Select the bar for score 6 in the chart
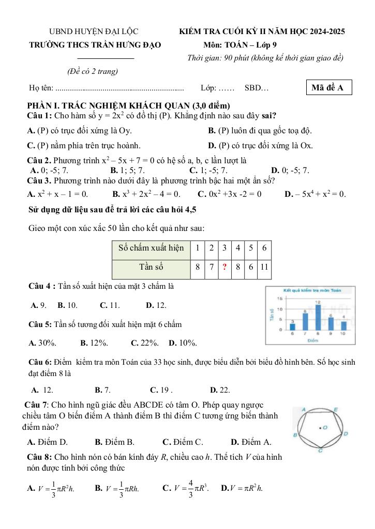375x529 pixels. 292,326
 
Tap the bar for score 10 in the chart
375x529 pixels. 343,325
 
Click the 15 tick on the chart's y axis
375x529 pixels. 279,299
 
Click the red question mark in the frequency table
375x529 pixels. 224,267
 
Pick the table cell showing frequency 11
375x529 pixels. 264,267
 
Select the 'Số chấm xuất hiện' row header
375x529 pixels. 151,248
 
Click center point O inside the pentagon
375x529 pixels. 324,427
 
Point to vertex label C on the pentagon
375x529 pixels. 320,451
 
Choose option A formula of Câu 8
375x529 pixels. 51,487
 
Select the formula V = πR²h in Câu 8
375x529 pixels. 242,487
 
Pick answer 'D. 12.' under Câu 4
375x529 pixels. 156,305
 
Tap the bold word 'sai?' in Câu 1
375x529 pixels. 269,115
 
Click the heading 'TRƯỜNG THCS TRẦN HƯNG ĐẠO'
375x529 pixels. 95,45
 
